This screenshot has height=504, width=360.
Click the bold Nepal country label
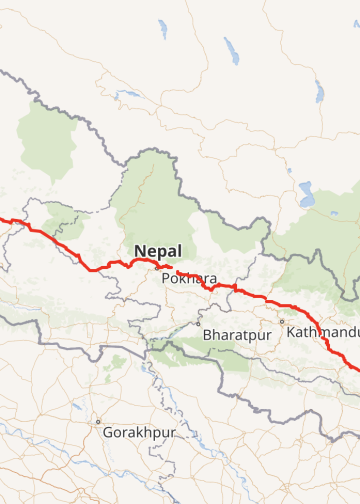[x=158, y=250]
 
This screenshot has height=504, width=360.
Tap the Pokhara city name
[x=188, y=278]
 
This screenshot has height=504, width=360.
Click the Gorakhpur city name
[x=139, y=433]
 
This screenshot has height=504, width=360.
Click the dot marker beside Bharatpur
[x=198, y=323]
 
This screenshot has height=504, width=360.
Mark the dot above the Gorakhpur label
[x=98, y=421]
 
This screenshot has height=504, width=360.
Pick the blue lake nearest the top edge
[x=162, y=29]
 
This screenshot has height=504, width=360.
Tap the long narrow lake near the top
[x=231, y=49]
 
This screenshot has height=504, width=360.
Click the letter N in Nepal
[x=137, y=250]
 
